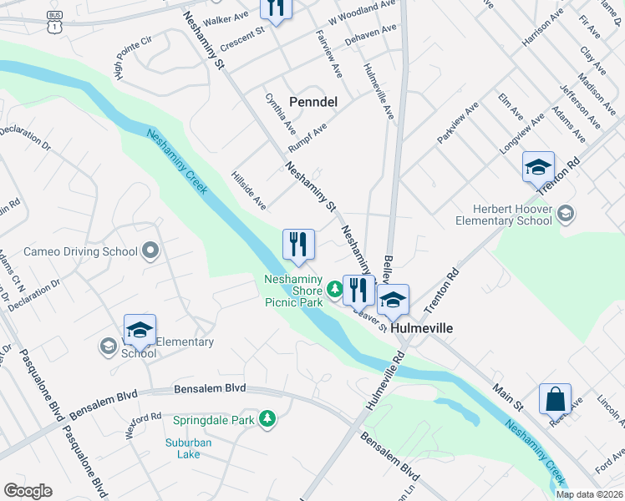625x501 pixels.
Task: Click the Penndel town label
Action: click(312, 101)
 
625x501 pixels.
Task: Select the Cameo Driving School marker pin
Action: click(150, 250)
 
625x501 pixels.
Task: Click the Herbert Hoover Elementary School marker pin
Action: click(567, 214)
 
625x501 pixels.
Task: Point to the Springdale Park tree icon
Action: click(267, 418)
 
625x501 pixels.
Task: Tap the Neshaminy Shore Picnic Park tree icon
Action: click(334, 289)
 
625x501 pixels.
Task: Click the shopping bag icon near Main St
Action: click(555, 400)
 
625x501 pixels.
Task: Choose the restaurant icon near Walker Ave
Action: click(274, 8)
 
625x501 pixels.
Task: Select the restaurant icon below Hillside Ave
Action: click(298, 245)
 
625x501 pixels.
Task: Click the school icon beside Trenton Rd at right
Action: click(538, 167)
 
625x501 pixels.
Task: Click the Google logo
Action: click(28, 490)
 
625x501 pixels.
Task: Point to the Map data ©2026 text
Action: click(589, 494)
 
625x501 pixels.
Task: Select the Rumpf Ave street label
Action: click(307, 134)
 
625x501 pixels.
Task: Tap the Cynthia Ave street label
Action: click(280, 114)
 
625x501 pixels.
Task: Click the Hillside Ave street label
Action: click(248, 191)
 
